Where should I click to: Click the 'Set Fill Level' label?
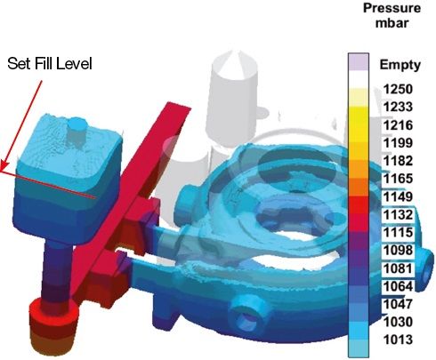pyautogui.click(x=50, y=63)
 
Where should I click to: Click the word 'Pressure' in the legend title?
pyautogui.click(x=392, y=8)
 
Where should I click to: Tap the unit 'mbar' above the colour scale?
pyautogui.click(x=392, y=23)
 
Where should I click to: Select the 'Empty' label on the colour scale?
pyautogui.click(x=400, y=65)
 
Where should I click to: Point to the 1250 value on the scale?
pyautogui.click(x=398, y=89)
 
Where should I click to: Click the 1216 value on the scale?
pyautogui.click(x=398, y=125)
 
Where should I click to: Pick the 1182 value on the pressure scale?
pyautogui.click(x=398, y=161)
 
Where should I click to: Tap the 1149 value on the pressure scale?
pyautogui.click(x=398, y=196)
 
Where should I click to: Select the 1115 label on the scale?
pyautogui.click(x=398, y=232)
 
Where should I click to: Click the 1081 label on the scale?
pyautogui.click(x=398, y=268)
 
